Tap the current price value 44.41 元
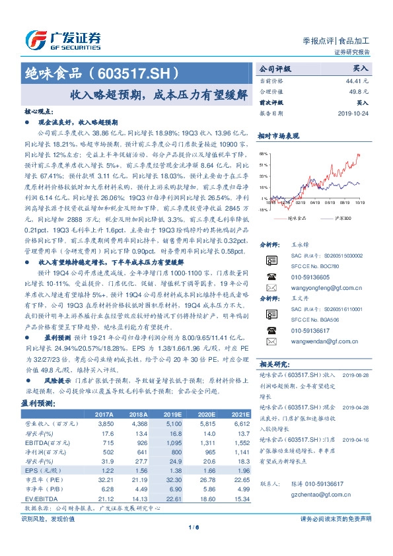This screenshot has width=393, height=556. [x=357, y=80]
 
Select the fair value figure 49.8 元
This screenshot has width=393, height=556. [x=359, y=91]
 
